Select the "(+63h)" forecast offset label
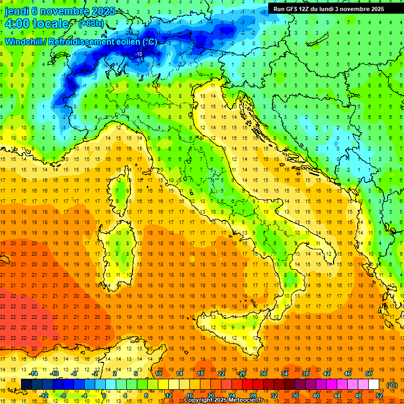coord(90,23)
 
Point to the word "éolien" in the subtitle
coord(128,42)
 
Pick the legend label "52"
coord(379,396)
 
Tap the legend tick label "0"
coord(104,396)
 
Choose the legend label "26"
coord(243,373)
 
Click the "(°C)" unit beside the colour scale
coord(392,385)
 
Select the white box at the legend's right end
coord(374,385)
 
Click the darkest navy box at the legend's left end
coord(27,385)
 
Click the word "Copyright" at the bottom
coord(198,400)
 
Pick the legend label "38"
coord(306,373)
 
